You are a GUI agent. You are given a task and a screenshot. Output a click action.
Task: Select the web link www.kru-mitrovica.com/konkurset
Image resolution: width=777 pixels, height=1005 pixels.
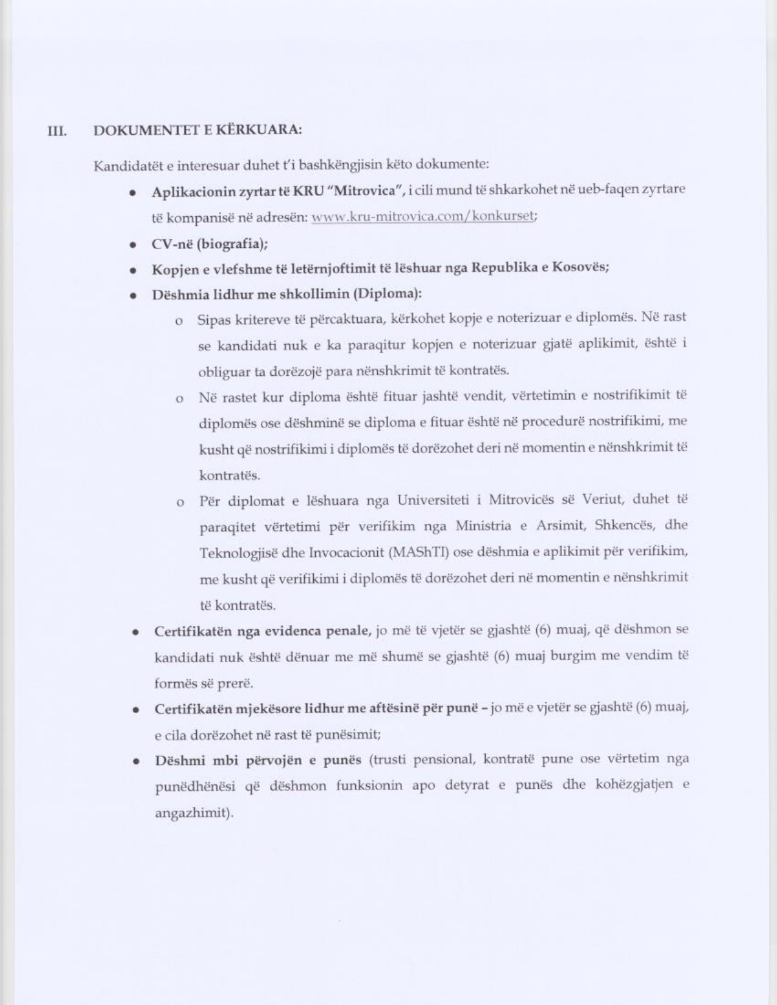click(x=423, y=217)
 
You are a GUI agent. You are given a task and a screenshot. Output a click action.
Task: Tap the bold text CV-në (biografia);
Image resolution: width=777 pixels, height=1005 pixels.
click(x=210, y=244)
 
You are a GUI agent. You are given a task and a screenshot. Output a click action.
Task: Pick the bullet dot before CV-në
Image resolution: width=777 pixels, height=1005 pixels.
click(x=132, y=245)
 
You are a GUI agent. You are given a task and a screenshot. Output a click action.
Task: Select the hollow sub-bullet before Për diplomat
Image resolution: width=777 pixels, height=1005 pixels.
click(x=180, y=503)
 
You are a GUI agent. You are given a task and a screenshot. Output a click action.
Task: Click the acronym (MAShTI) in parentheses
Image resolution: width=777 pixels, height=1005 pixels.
click(x=418, y=553)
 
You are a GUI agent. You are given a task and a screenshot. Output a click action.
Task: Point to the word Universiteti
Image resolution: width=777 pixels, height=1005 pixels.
click(x=433, y=501)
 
